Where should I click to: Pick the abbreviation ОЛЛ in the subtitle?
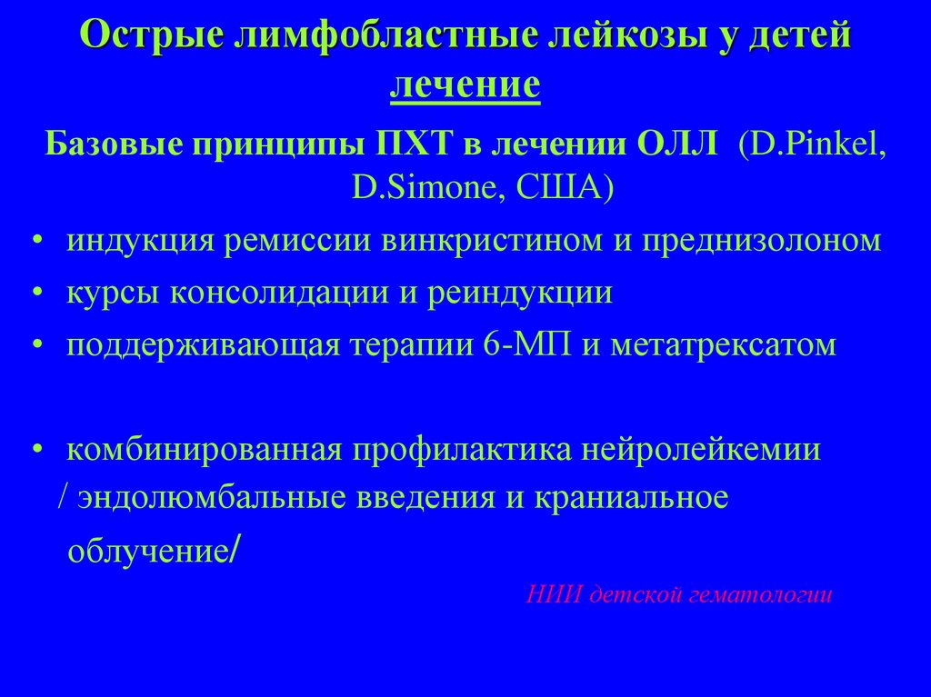[674, 144]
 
